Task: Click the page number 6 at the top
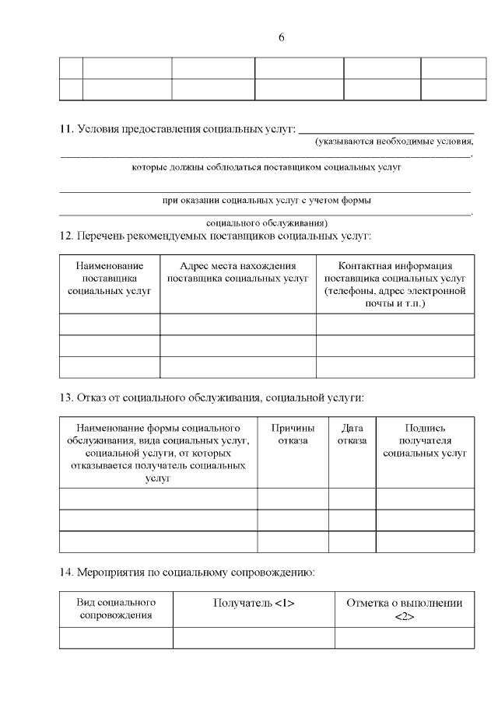(x=281, y=37)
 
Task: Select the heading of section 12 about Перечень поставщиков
(x=216, y=235)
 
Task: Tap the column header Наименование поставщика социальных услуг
(x=110, y=278)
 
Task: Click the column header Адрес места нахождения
(x=238, y=271)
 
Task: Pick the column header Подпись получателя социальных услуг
(x=425, y=440)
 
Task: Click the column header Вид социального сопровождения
(x=116, y=608)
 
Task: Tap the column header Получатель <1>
(x=254, y=603)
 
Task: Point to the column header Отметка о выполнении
(x=404, y=608)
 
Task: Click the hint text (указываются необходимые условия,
(x=394, y=142)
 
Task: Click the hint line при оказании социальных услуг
(x=265, y=200)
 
